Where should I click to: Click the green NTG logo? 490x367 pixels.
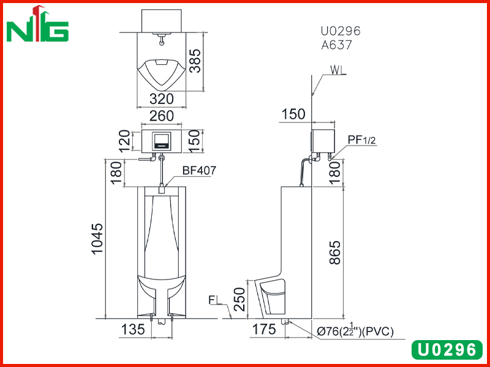click(x=37, y=24)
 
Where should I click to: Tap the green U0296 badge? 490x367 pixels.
click(x=447, y=350)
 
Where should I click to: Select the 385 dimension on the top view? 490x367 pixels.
click(x=195, y=61)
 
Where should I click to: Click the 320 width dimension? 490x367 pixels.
click(x=161, y=99)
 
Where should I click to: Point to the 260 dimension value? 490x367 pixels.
click(x=161, y=116)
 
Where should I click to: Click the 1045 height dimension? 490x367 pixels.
click(x=97, y=239)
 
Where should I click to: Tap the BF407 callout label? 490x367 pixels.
click(x=200, y=171)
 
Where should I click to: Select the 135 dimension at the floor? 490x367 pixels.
click(x=133, y=329)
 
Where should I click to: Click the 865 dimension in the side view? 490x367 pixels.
click(x=335, y=253)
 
